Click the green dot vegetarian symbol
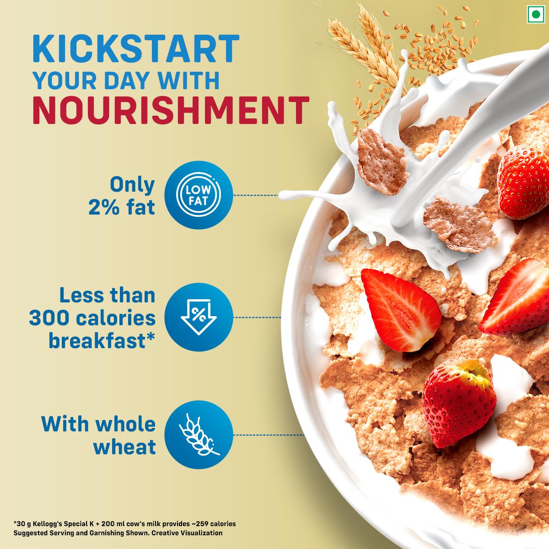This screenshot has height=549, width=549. [533, 14]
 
